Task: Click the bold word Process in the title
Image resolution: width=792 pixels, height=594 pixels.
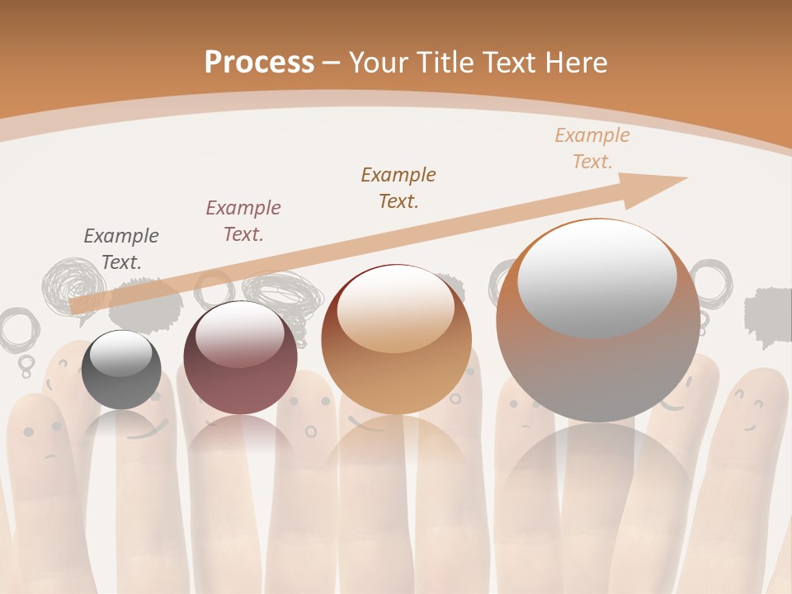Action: click(259, 62)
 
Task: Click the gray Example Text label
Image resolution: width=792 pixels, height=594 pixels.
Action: click(121, 249)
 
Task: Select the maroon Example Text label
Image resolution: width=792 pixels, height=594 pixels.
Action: click(243, 221)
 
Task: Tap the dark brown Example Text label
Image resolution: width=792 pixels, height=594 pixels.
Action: click(398, 187)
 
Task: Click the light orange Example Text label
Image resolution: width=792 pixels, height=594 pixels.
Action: click(592, 148)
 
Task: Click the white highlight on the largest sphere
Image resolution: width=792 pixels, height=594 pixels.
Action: click(596, 276)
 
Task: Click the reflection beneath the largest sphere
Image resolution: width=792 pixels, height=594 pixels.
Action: click(598, 487)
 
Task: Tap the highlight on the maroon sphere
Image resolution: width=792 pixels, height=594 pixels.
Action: click(239, 334)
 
